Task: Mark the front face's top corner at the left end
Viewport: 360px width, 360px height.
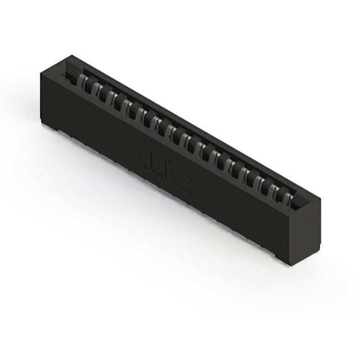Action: coord(40,72)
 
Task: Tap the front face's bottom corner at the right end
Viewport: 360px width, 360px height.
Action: coord(282,260)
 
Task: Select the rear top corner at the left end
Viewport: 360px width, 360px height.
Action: coord(72,56)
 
